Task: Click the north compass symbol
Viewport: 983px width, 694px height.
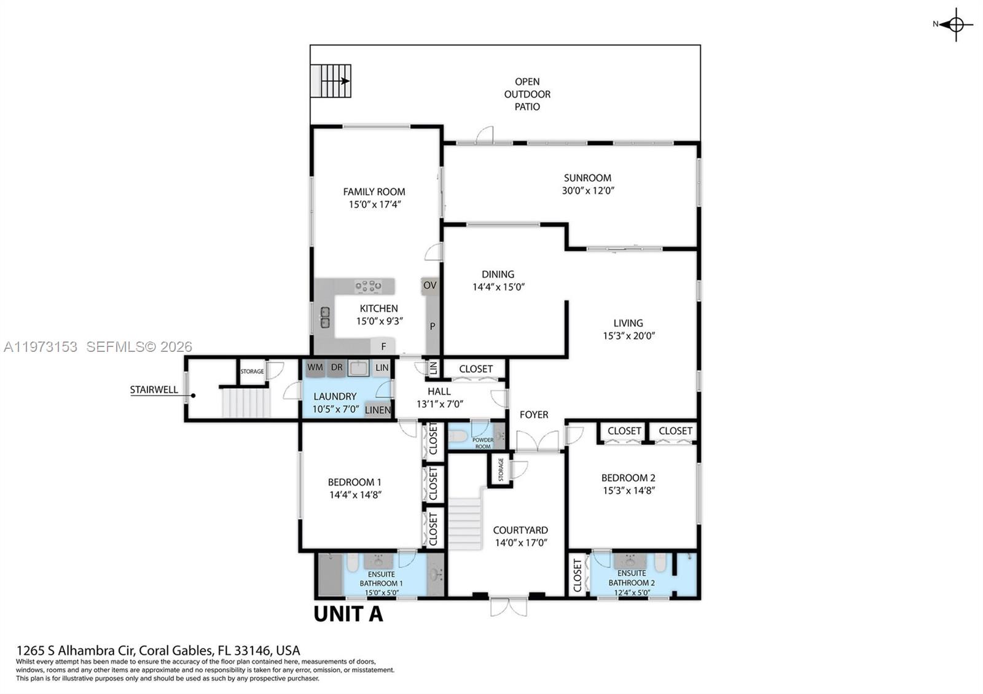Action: (x=955, y=25)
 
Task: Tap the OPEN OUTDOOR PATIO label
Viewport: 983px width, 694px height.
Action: (x=527, y=94)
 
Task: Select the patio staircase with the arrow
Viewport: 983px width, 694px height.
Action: (x=331, y=81)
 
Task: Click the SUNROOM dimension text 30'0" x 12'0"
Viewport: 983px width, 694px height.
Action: (x=588, y=191)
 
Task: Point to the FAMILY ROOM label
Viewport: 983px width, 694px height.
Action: (x=374, y=192)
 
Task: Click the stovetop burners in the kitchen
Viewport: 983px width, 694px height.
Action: (x=368, y=286)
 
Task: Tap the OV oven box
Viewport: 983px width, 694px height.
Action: (x=430, y=286)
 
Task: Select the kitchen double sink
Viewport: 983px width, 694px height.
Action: (x=325, y=318)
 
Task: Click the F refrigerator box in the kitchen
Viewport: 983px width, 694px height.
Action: (x=383, y=346)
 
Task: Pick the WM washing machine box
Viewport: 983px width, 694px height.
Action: (x=315, y=368)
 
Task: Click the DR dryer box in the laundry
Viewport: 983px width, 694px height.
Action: (x=337, y=368)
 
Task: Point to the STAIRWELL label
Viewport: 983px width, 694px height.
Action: (x=154, y=390)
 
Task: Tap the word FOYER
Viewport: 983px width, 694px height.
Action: (x=534, y=415)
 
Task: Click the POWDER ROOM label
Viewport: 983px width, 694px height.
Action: (x=483, y=443)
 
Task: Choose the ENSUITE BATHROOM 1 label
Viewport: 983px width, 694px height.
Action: (x=381, y=579)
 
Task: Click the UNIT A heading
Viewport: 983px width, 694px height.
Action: (x=348, y=614)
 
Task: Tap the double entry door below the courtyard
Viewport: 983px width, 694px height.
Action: (x=508, y=606)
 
